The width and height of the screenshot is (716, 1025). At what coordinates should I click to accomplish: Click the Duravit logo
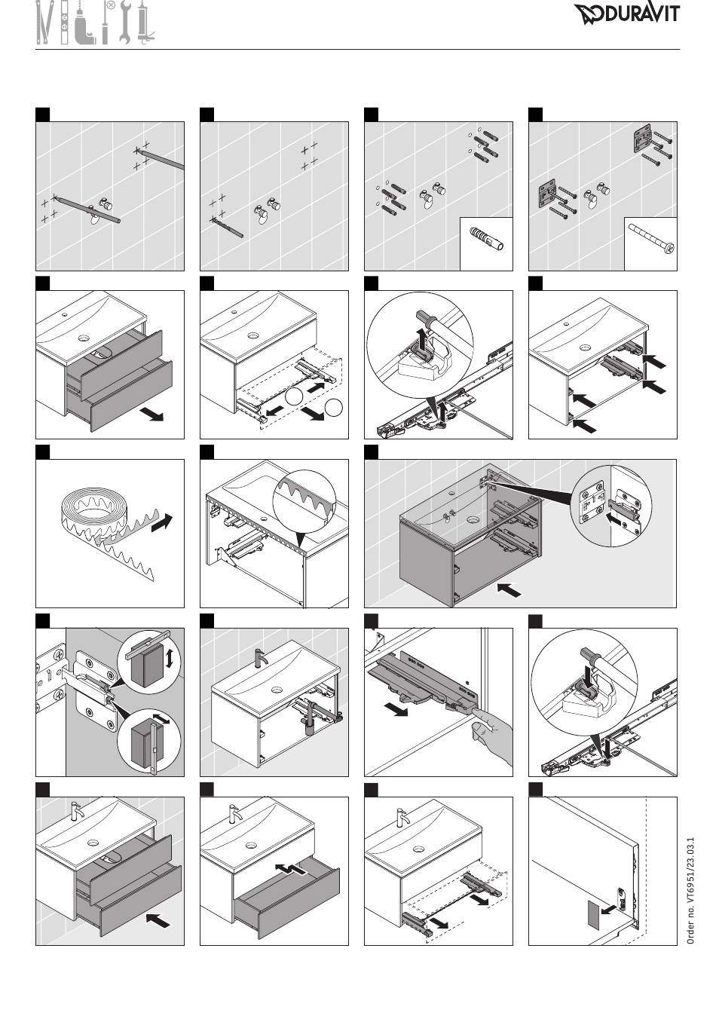[627, 14]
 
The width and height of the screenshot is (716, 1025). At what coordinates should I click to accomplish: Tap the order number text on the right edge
[690, 890]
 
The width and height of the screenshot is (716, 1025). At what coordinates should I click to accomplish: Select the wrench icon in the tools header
[125, 23]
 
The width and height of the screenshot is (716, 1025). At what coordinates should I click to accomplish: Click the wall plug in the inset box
[486, 238]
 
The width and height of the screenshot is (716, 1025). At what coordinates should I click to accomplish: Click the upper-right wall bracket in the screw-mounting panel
[642, 138]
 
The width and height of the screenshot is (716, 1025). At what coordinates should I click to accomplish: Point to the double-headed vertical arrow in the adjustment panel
[170, 659]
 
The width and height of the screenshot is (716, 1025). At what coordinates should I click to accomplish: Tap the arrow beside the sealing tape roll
[161, 522]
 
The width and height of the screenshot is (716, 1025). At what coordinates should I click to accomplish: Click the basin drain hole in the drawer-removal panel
[83, 338]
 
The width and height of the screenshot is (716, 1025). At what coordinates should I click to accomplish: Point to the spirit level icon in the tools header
[65, 23]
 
